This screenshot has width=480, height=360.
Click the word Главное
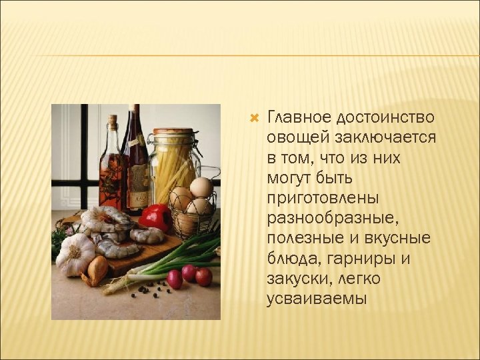click(x=297, y=118)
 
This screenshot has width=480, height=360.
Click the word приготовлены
click(x=323, y=198)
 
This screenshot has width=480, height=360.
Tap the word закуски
click(x=297, y=278)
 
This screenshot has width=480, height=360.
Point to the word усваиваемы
click(x=317, y=298)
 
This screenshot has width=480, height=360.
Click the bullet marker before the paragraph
click(x=253, y=119)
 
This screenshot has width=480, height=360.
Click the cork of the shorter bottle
click(x=113, y=121)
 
